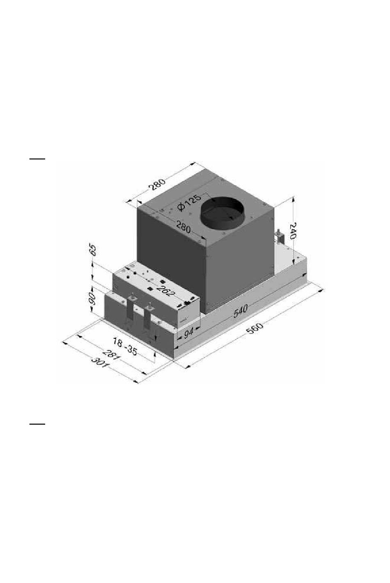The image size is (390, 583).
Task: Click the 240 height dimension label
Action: (293, 231)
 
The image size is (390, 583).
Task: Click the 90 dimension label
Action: (92, 300)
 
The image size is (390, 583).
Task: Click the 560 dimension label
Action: (255, 329)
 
